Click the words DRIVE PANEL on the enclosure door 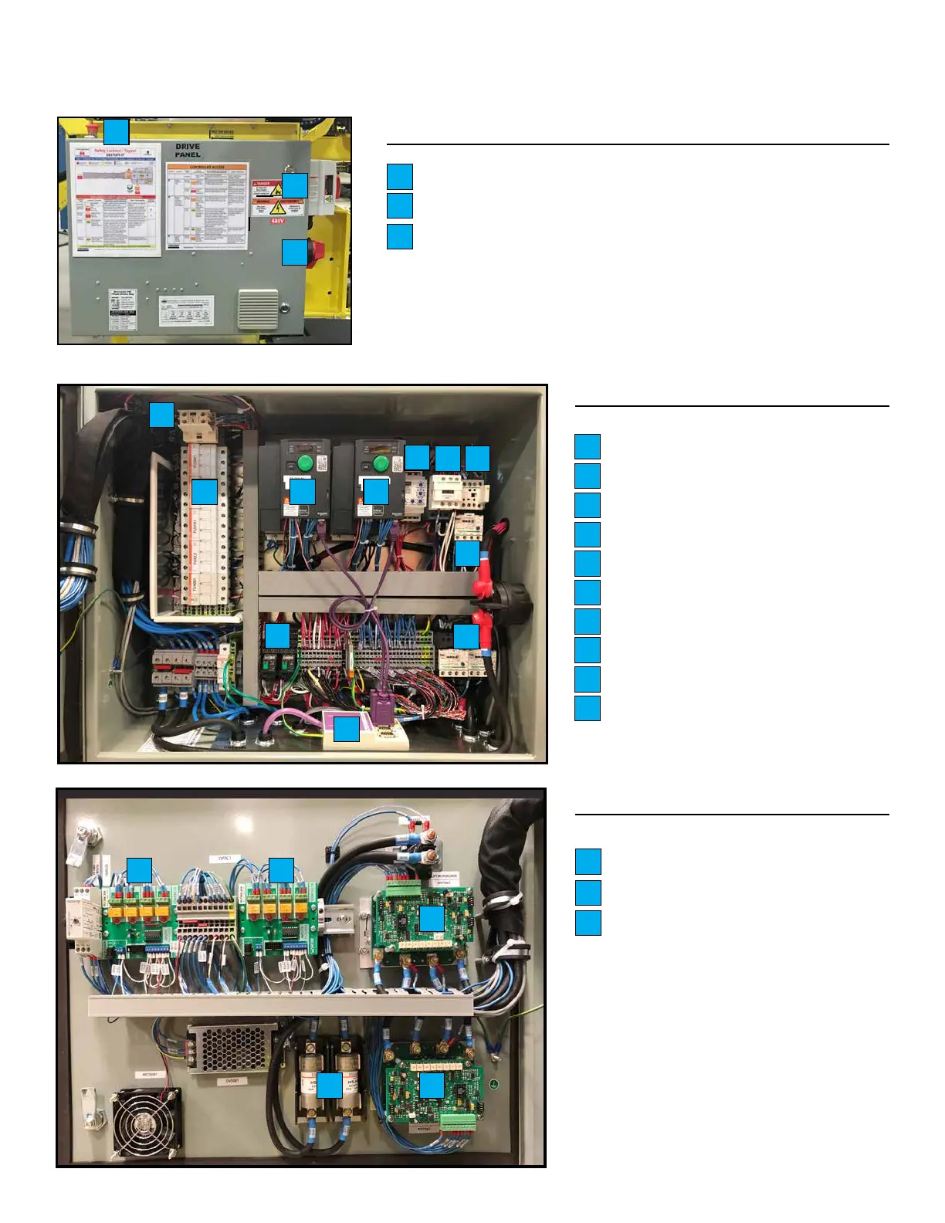188,151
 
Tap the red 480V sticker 277,222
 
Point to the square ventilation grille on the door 258,308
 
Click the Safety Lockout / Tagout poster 116,199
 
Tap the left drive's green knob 305,463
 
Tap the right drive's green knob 380,463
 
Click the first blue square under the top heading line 400,176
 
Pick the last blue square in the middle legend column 588,708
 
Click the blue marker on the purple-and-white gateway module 347,729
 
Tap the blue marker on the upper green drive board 432,918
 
